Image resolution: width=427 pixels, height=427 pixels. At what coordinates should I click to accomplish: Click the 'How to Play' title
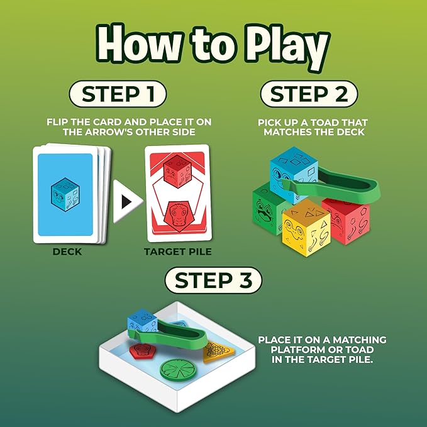[214, 48]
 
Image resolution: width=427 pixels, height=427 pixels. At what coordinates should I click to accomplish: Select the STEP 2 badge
[309, 94]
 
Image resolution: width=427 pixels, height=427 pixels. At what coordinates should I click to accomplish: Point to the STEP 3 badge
[213, 281]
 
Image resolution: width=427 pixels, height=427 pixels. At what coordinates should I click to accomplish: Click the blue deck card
[65, 194]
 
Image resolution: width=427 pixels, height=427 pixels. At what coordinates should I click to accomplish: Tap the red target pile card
[177, 194]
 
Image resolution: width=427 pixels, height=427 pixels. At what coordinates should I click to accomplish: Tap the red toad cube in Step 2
[345, 220]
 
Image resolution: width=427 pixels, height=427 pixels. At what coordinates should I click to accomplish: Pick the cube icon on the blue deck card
[65, 194]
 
